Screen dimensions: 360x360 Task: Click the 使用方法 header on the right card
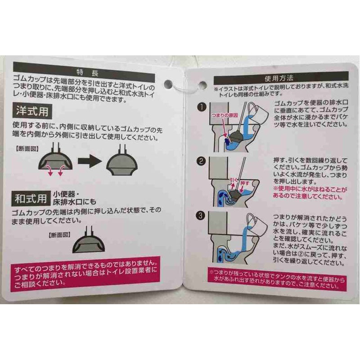tap(275, 79)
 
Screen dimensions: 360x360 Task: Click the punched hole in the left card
tap(169, 84)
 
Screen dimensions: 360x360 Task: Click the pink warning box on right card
tap(275, 276)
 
